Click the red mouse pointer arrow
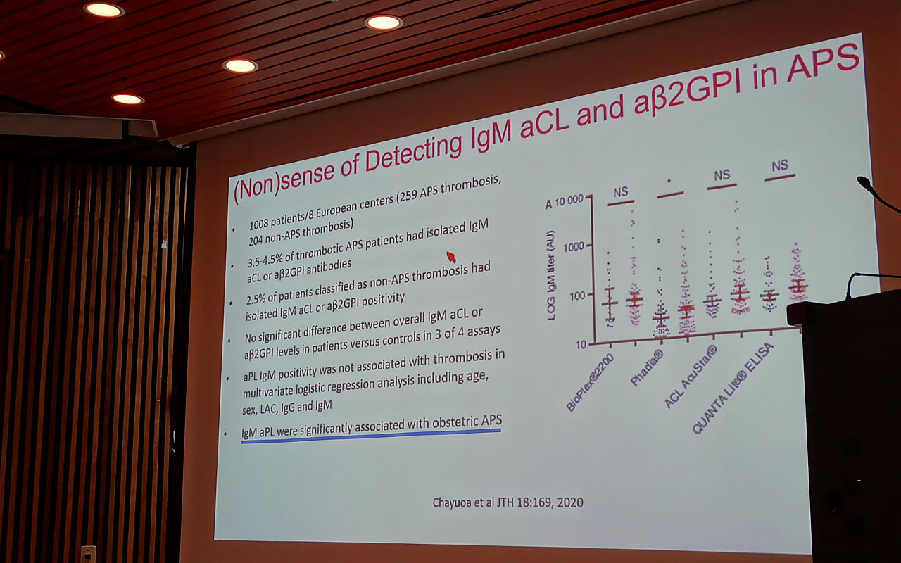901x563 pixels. point(451,257)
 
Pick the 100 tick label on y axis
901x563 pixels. point(576,297)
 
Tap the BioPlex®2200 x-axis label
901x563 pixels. point(590,382)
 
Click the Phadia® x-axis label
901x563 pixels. point(647,367)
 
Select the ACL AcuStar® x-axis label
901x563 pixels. point(691,377)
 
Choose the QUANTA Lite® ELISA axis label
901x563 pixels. point(733,388)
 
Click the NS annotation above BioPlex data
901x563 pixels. point(620,192)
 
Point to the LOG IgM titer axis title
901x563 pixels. point(551,275)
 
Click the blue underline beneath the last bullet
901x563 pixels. point(371,436)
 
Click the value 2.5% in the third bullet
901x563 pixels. point(256,298)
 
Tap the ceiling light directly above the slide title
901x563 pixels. point(384,23)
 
